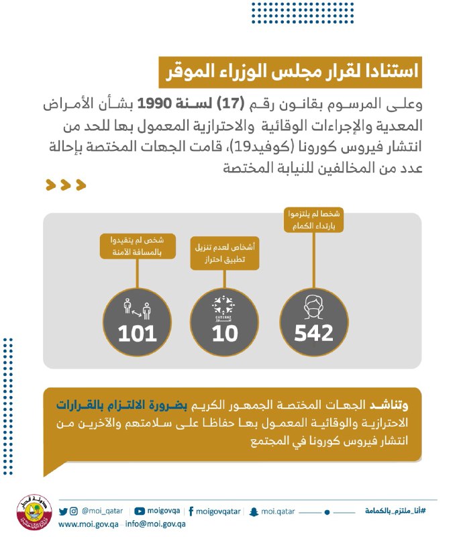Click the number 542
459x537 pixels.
tap(313, 332)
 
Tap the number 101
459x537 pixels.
tap(138, 332)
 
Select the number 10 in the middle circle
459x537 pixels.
tap(225, 332)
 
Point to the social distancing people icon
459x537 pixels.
tap(137, 309)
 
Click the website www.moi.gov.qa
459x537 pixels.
tap(88, 524)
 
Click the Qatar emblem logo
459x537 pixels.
tap(30, 514)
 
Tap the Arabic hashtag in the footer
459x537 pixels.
tap(395, 511)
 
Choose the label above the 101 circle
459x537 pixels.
tap(138, 245)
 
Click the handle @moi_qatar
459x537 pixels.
tap(98, 511)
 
